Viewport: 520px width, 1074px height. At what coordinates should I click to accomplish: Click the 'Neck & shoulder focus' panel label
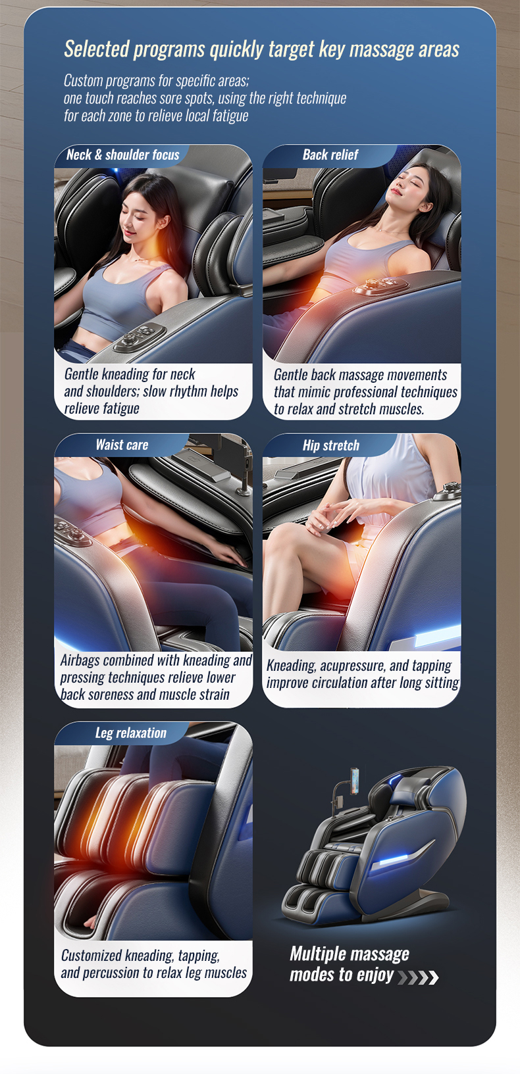[x=123, y=155]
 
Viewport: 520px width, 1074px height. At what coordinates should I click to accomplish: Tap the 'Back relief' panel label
[x=330, y=155]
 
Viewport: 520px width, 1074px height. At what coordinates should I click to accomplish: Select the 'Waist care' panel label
[x=122, y=445]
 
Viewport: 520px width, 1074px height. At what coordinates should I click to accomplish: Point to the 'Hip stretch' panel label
[x=331, y=445]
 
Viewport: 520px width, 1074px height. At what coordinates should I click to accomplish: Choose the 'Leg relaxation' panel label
[x=131, y=733]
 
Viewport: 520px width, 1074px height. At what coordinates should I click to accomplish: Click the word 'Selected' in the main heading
[x=97, y=49]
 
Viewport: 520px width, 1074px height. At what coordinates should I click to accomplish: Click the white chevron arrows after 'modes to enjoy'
[x=418, y=977]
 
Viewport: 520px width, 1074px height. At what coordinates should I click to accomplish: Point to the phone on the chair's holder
[x=355, y=781]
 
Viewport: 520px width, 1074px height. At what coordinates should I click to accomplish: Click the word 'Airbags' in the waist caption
[x=80, y=661]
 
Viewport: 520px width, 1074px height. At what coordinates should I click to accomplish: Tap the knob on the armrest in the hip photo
[x=451, y=490]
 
